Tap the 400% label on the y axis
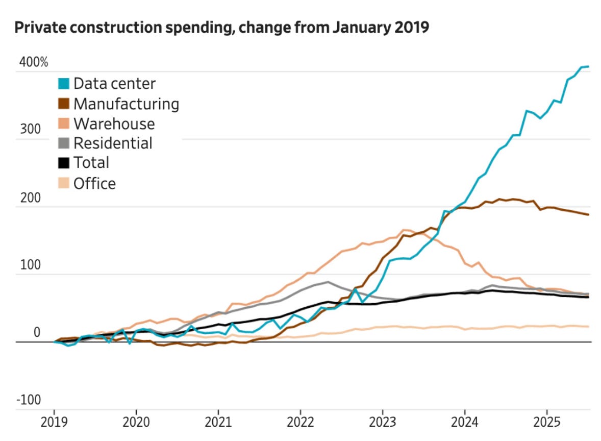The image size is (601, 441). (34, 63)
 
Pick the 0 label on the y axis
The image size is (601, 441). (37, 333)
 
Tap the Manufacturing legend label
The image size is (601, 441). (126, 104)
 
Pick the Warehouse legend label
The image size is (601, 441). (114, 124)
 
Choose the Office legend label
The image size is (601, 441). (94, 183)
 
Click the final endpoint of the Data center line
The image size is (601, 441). (589, 66)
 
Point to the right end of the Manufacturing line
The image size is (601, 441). (589, 215)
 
